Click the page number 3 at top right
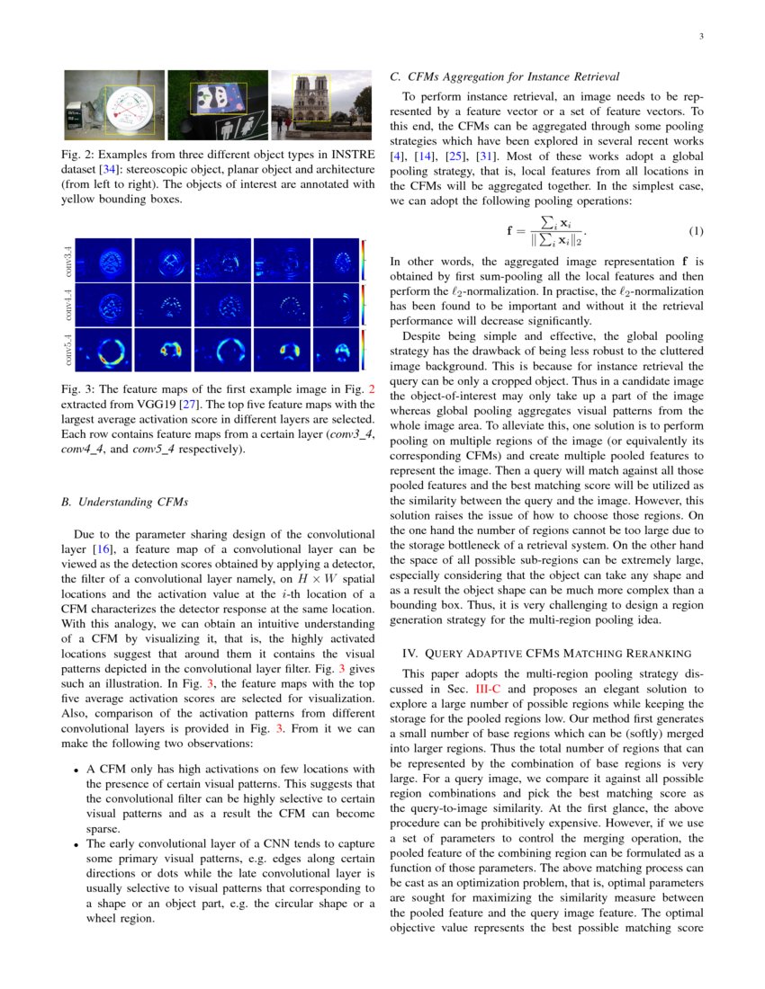(700, 37)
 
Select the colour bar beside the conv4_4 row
(364, 306)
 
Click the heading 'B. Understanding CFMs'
(125, 501)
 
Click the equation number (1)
(696, 231)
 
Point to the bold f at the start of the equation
(511, 231)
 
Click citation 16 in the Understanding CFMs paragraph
(105, 548)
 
